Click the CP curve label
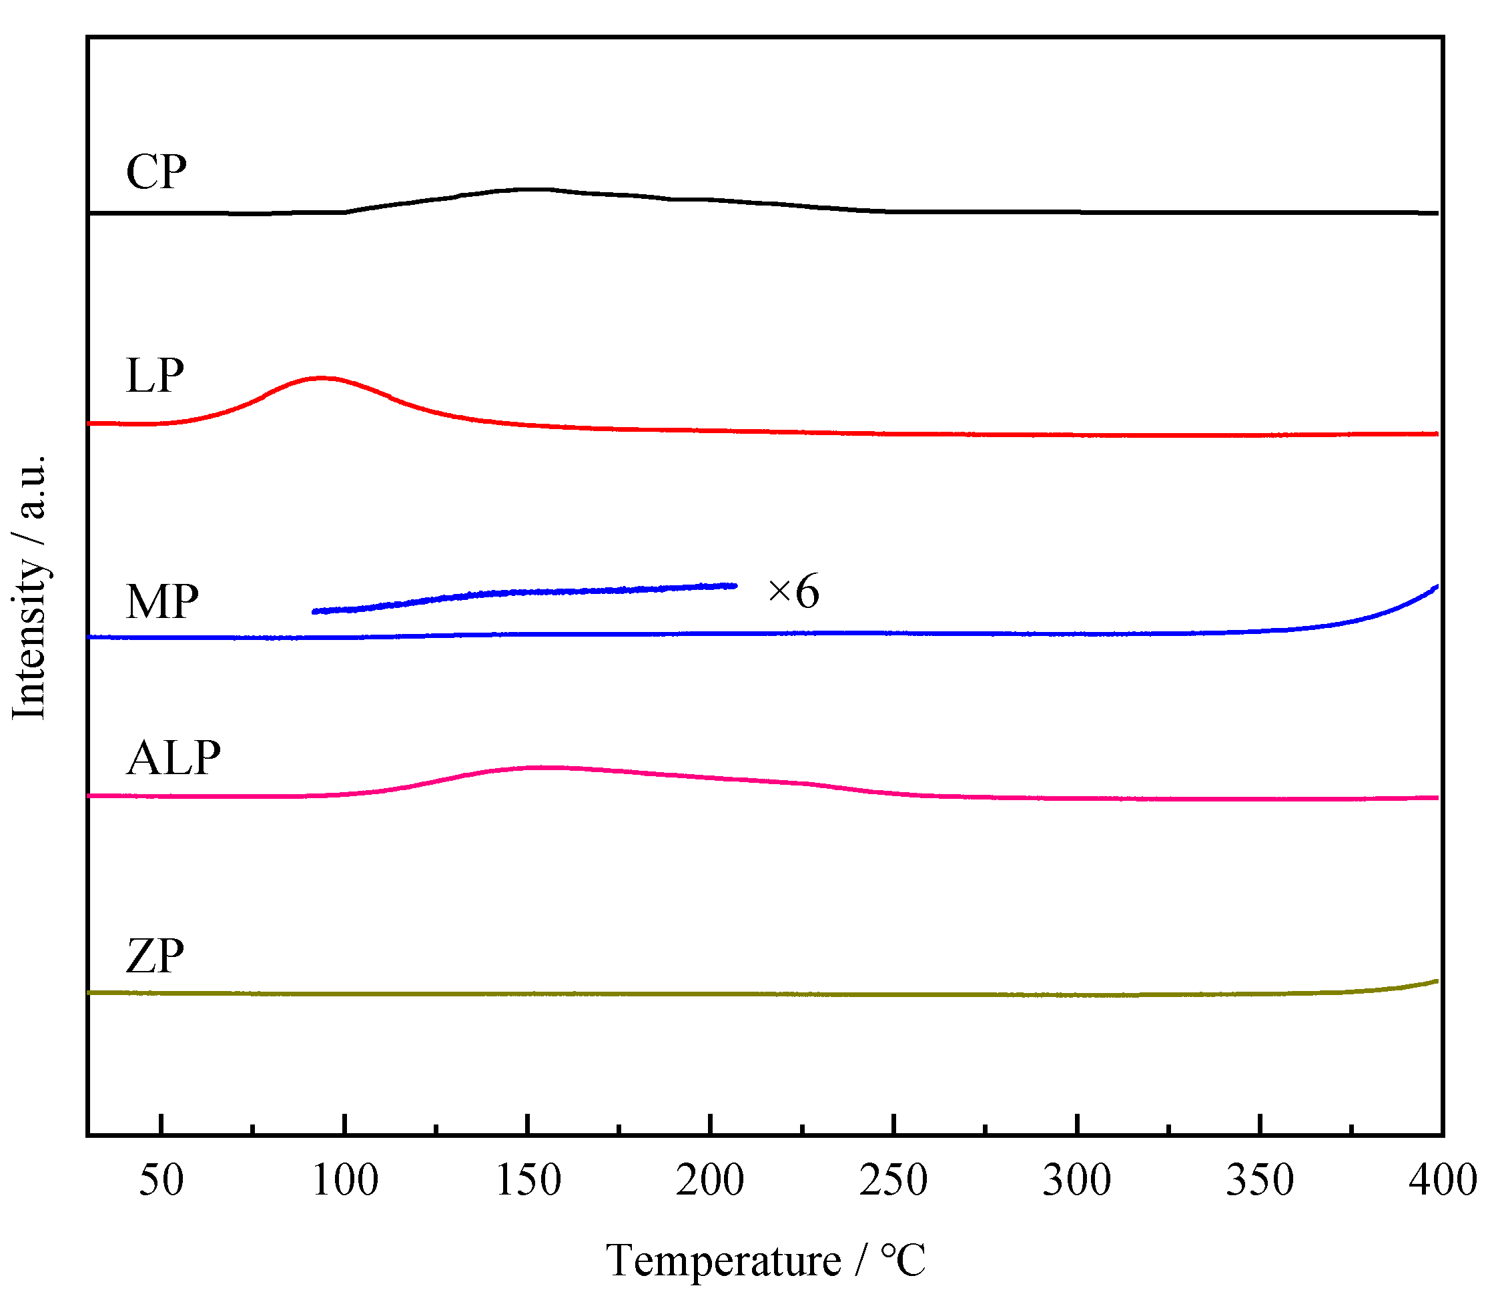(156, 173)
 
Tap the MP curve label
(162, 602)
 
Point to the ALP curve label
(173, 759)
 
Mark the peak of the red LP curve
(320, 378)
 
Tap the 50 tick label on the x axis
(161, 1181)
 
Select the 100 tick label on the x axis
(345, 1181)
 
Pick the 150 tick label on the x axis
(528, 1181)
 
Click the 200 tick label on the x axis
(711, 1181)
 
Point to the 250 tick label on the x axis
(894, 1181)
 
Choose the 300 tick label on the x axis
(1077, 1181)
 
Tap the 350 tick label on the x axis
(1260, 1181)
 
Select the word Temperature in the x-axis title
(723, 1261)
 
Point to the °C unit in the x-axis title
(903, 1261)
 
